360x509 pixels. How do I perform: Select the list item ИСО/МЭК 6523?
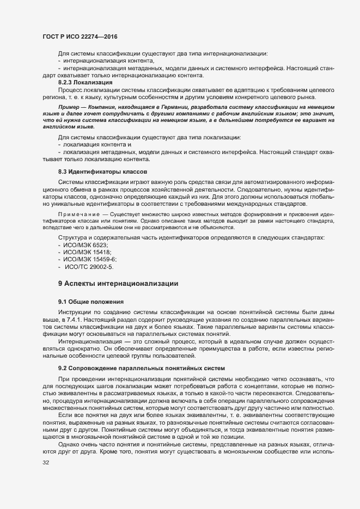click(x=82, y=246)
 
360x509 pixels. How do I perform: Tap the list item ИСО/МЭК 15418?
click(x=83, y=253)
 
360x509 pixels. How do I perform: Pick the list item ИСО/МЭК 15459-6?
click(x=86, y=260)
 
